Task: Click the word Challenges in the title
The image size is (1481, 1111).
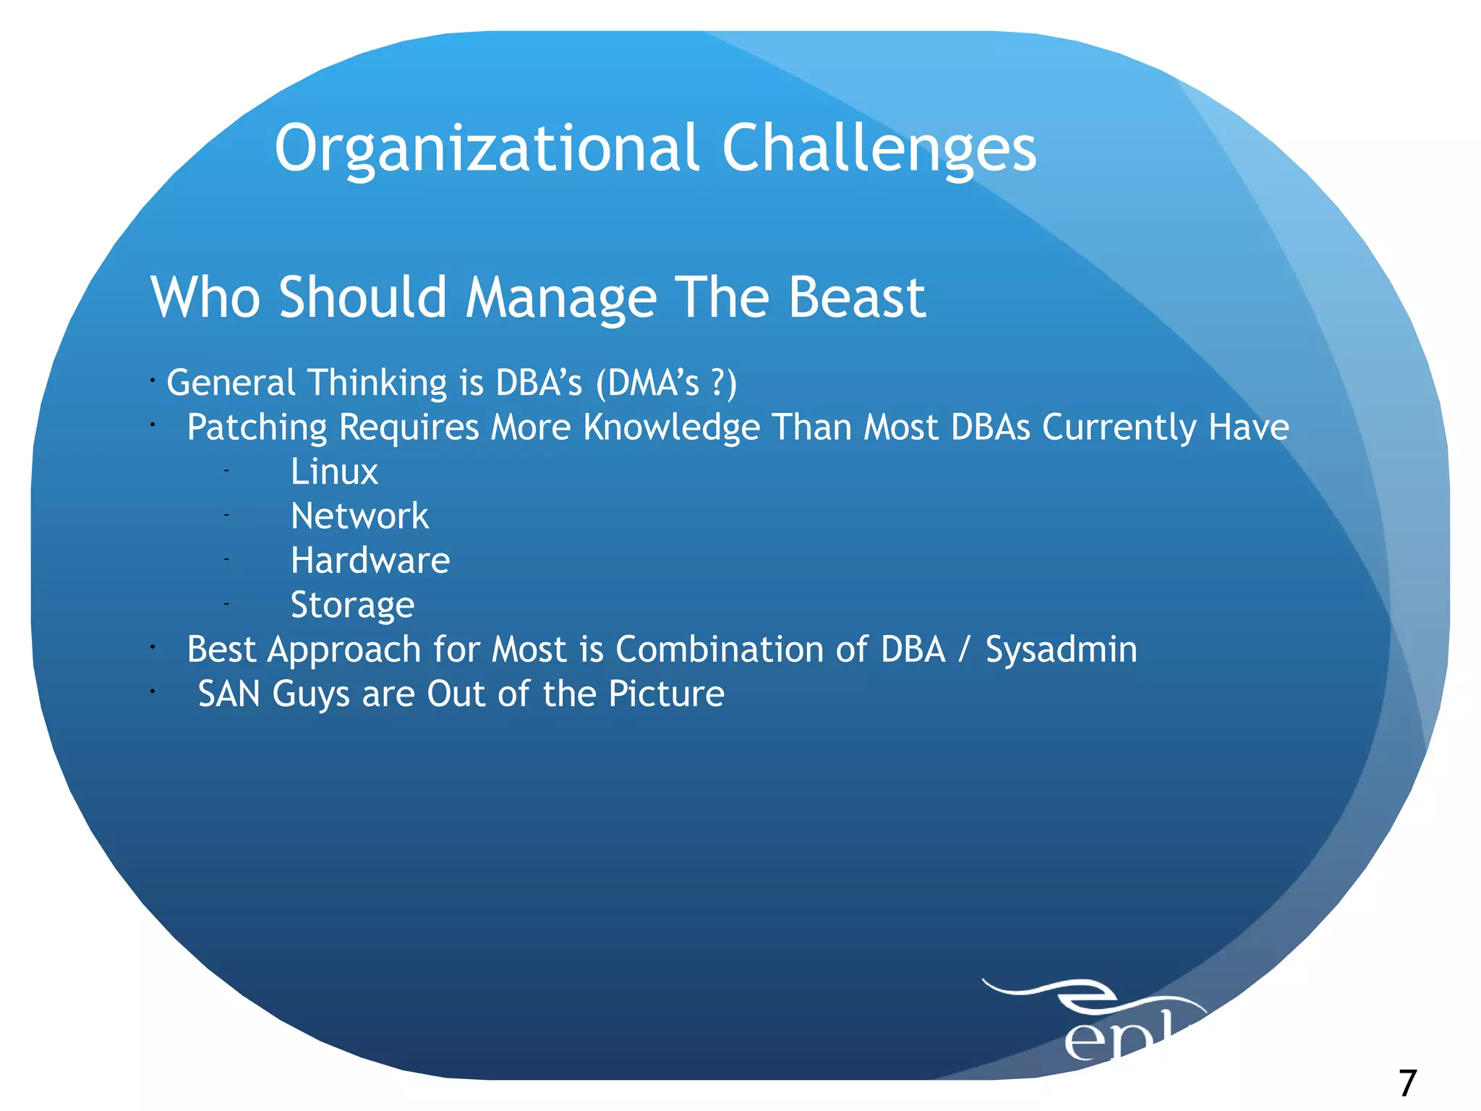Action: (879, 148)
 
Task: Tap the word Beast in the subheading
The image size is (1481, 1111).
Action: (856, 297)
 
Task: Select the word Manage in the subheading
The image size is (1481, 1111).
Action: (561, 297)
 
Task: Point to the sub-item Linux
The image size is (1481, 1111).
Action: (334, 472)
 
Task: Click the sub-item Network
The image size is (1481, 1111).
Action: (359, 516)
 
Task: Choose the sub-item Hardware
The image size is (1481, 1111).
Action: (370, 561)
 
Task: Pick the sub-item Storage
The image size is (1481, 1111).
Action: (352, 605)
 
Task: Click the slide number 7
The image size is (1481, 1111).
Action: (1407, 1084)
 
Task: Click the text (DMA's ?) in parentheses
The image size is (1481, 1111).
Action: (666, 383)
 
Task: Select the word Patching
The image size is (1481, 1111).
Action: (257, 427)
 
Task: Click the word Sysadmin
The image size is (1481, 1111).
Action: (1061, 650)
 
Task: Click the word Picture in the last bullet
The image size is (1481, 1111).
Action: (666, 694)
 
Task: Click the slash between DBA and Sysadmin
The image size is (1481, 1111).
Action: (963, 650)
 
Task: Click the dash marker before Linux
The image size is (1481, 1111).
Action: (226, 471)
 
